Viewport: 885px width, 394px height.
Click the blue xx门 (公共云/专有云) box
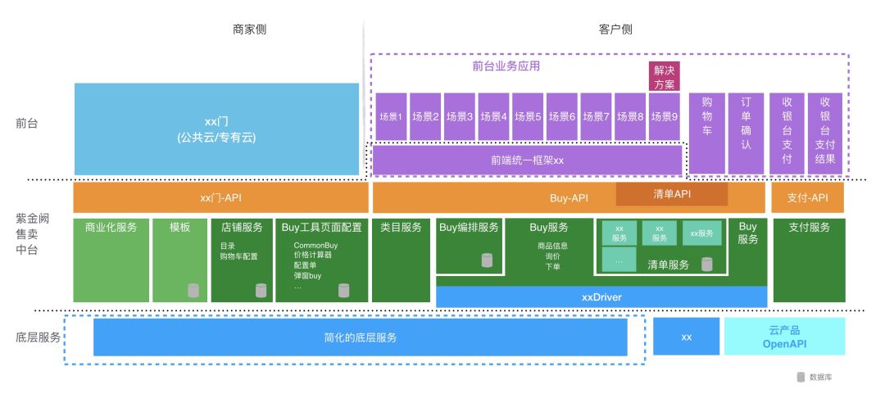coord(216,129)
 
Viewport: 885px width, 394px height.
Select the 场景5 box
coord(528,116)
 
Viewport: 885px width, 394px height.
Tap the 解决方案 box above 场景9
coord(665,77)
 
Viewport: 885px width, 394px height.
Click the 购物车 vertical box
coord(706,133)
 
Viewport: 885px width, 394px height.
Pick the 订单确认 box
coord(745,133)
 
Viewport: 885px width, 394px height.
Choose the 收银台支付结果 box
coord(824,133)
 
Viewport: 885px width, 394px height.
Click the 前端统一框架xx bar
coord(527,161)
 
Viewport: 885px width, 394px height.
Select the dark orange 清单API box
coord(672,194)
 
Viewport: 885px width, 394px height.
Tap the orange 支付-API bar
coord(807,198)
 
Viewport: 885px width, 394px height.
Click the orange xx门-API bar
coord(220,198)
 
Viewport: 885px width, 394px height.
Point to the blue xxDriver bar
coord(601,297)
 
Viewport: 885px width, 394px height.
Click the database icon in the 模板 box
coord(193,290)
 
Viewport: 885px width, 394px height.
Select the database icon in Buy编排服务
coord(487,260)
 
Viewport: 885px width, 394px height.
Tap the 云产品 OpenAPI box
coord(784,336)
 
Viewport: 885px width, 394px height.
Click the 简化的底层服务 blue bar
coord(360,337)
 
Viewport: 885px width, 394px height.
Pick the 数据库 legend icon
coord(800,378)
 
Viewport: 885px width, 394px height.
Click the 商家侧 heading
coord(249,29)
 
